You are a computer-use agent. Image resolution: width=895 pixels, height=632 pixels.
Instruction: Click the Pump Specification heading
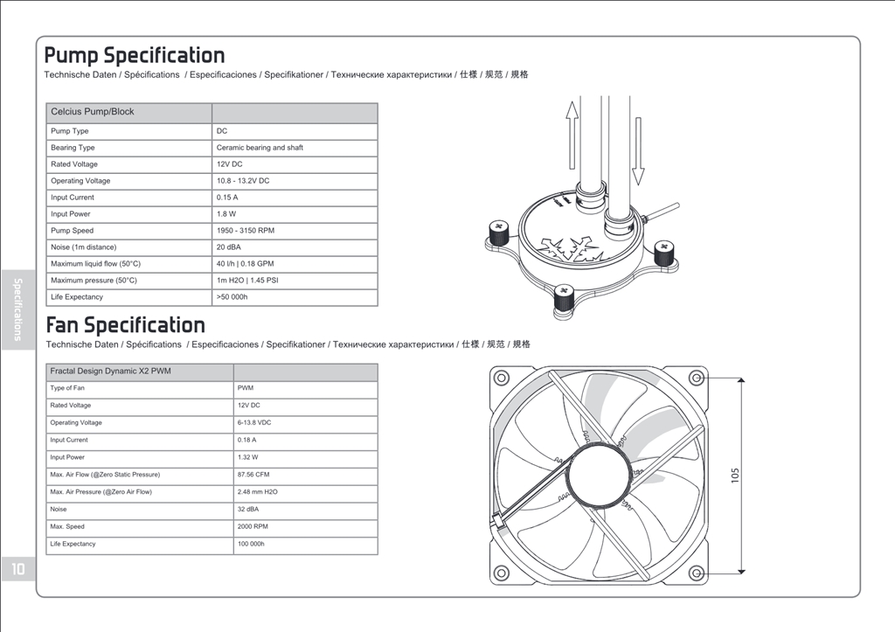[135, 56]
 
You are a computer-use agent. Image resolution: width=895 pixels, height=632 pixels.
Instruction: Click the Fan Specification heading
[125, 325]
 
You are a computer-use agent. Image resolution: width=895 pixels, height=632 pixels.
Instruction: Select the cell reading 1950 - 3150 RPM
[246, 231]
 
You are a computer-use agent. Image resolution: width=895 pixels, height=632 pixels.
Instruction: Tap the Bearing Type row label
[73, 148]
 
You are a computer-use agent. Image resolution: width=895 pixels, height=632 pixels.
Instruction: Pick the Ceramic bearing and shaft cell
[260, 148]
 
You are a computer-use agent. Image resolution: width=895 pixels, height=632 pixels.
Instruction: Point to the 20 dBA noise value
[229, 247]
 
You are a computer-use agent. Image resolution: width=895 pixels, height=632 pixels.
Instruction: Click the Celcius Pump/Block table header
[93, 112]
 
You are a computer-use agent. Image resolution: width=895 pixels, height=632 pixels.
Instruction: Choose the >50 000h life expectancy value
[232, 297]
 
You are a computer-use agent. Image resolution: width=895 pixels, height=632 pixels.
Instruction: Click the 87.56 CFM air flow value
[253, 475]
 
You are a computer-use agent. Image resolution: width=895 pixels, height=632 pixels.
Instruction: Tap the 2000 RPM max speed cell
[253, 527]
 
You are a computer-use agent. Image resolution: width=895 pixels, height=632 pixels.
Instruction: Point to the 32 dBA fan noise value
[247, 509]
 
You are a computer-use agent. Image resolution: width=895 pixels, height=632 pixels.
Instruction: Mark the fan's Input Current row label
[69, 440]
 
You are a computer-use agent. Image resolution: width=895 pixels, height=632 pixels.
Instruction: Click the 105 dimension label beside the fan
[735, 475]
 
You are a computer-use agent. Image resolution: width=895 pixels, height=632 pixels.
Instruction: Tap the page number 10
[18, 569]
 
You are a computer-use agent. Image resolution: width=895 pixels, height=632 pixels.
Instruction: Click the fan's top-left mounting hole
[502, 378]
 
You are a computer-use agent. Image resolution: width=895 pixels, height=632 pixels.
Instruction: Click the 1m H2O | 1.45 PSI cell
[247, 281]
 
